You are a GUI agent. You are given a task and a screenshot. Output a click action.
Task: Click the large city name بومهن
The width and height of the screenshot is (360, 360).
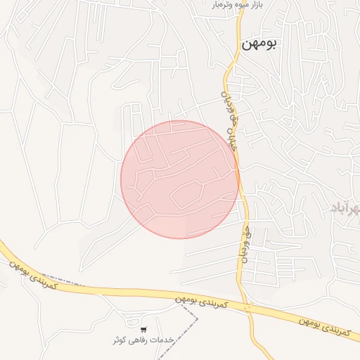click(259, 44)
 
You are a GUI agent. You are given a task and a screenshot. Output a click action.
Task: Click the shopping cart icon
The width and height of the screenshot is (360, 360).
click(143, 330)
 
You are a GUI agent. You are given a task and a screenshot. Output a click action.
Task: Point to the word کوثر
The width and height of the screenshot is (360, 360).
click(120, 340)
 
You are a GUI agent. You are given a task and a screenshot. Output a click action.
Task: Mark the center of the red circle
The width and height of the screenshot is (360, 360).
click(179, 179)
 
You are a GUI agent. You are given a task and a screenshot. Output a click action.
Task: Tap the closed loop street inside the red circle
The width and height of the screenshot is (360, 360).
click(187, 195)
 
